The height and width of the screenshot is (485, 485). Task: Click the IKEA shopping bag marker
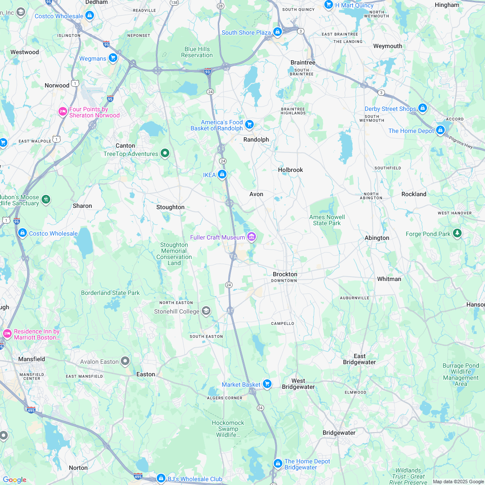pyautogui.click(x=222, y=175)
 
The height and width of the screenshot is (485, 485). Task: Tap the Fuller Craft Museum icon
pyautogui.click(x=251, y=237)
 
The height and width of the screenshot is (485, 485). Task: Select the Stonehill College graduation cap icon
pyautogui.click(x=206, y=311)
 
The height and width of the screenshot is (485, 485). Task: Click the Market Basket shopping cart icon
pyautogui.click(x=267, y=384)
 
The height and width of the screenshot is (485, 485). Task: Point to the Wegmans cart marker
pyautogui.click(x=113, y=58)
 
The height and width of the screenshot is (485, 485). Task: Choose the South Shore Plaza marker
pyautogui.click(x=278, y=32)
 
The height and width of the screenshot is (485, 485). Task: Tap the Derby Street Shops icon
pyautogui.click(x=423, y=108)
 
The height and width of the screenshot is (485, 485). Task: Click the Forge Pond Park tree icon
pyautogui.click(x=457, y=234)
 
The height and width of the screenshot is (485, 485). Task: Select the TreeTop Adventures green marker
pyautogui.click(x=165, y=153)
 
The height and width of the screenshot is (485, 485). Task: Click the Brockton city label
pyautogui.click(x=285, y=274)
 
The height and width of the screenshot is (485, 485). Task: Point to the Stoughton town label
pyautogui.click(x=170, y=207)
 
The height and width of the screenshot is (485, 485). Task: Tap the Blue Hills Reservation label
pyautogui.click(x=197, y=52)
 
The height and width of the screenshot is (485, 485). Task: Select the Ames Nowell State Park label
pyautogui.click(x=327, y=220)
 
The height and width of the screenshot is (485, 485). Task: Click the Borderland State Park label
pyautogui.click(x=110, y=293)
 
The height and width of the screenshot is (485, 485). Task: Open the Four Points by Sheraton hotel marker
pyautogui.click(x=63, y=112)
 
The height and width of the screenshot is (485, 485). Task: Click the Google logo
pyautogui.click(x=14, y=479)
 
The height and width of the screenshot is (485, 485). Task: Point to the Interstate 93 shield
pyautogui.click(x=208, y=70)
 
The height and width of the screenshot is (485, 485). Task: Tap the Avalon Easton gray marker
pyautogui.click(x=126, y=361)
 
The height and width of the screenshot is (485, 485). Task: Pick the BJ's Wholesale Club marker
pyautogui.click(x=161, y=479)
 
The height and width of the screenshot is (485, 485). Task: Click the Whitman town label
pyautogui.click(x=389, y=279)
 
